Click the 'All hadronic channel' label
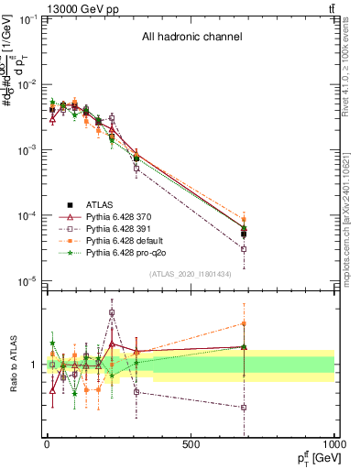(x=191, y=38)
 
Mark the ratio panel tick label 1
(x=36, y=365)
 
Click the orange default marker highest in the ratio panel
(x=245, y=322)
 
